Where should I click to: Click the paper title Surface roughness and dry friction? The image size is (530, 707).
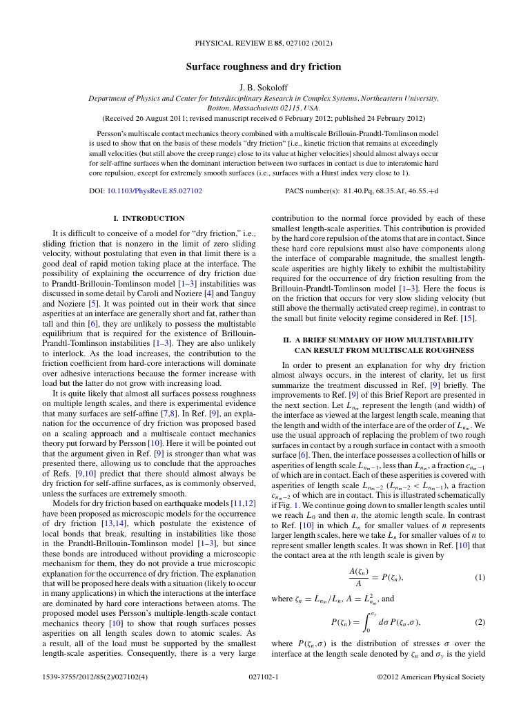click(x=264, y=67)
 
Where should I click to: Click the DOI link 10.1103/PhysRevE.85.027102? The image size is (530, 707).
click(x=154, y=190)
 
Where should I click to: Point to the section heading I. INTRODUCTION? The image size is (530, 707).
click(x=148, y=219)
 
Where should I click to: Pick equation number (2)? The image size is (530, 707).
click(x=480, y=621)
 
